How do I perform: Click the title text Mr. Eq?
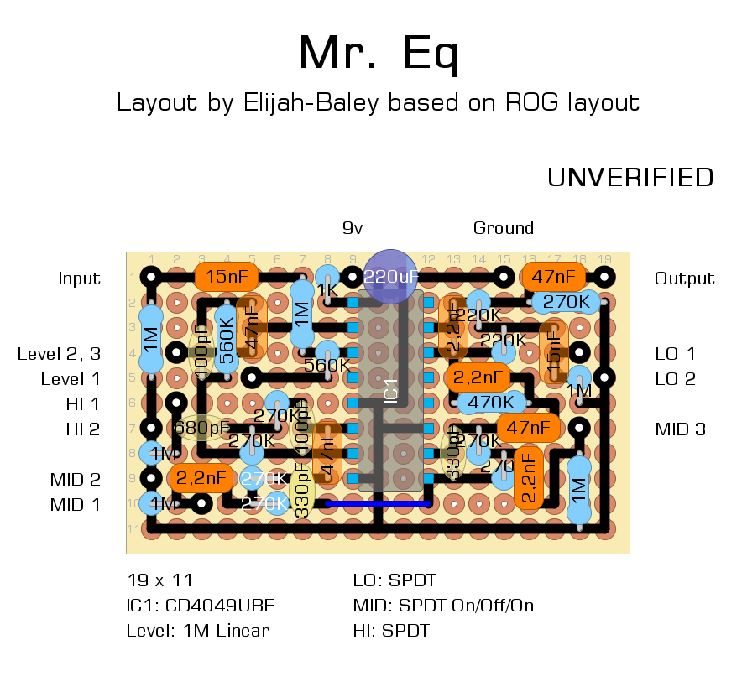click(x=379, y=55)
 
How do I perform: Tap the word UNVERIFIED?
click(x=630, y=178)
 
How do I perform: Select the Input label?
click(x=80, y=278)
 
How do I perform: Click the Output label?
click(x=684, y=278)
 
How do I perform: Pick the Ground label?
click(x=504, y=228)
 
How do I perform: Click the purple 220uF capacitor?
click(x=390, y=276)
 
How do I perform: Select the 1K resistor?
click(x=327, y=288)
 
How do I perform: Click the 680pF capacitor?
click(x=201, y=429)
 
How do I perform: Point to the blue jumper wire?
click(x=378, y=503)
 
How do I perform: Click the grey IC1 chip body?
click(x=390, y=394)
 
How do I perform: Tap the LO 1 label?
click(x=676, y=354)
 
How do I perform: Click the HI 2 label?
click(x=83, y=429)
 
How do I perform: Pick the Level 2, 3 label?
click(x=59, y=354)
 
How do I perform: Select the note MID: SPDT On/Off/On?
click(x=444, y=605)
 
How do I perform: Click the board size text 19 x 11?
click(x=159, y=580)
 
